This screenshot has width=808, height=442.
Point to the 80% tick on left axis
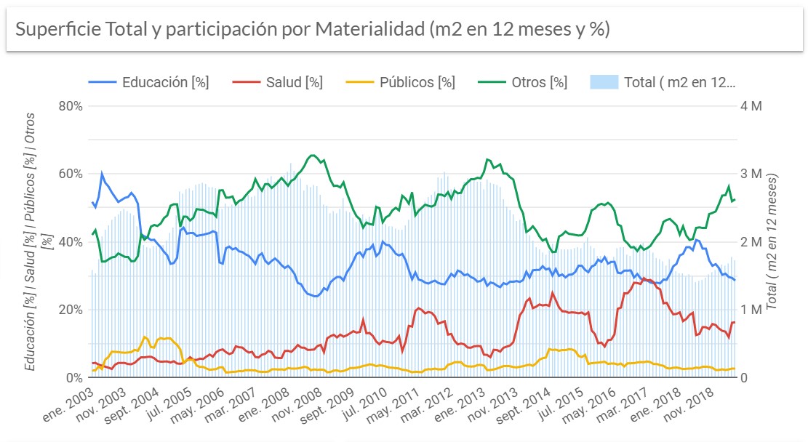[x=68, y=105]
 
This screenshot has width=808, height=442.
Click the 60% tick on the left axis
[x=68, y=174]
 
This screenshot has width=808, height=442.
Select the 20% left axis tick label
[x=68, y=310]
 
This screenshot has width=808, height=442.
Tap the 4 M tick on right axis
[x=751, y=105]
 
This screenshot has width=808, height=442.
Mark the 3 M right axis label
[x=751, y=174]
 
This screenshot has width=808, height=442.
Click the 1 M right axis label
[x=751, y=310]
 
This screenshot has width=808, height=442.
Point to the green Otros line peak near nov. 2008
[x=312, y=155]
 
